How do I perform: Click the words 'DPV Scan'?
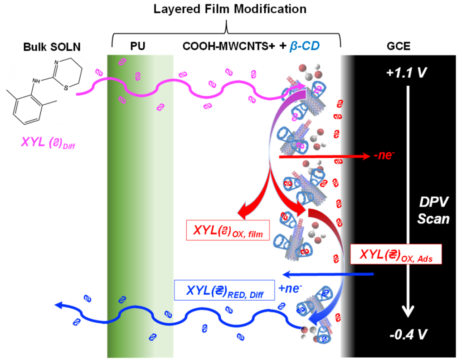pyautogui.click(x=434, y=211)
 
